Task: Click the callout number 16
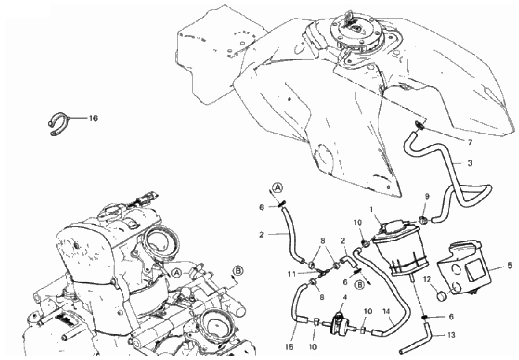pyautogui.click(x=94, y=118)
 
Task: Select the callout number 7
pyautogui.click(x=470, y=142)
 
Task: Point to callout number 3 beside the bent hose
pyautogui.click(x=470, y=163)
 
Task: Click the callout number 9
pyautogui.click(x=427, y=197)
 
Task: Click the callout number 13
pyautogui.click(x=451, y=335)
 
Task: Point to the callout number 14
pyautogui.click(x=386, y=312)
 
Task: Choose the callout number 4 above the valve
pyautogui.click(x=345, y=297)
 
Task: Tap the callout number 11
pyautogui.click(x=291, y=274)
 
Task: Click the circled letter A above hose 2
pyautogui.click(x=278, y=188)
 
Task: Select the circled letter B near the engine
pyautogui.click(x=237, y=271)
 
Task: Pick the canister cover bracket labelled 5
pyautogui.click(x=464, y=268)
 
